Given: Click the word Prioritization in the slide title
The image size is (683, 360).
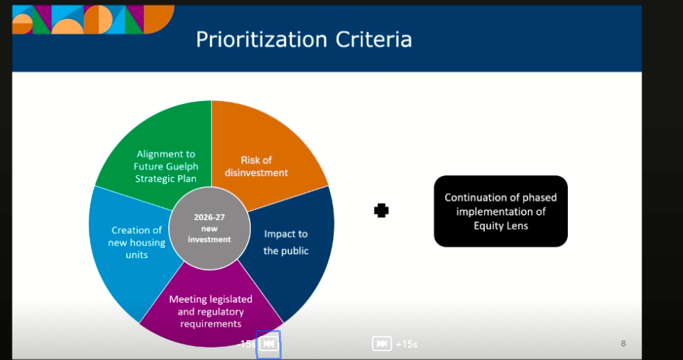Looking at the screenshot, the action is (x=261, y=40).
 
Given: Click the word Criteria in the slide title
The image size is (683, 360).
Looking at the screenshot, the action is (x=373, y=40).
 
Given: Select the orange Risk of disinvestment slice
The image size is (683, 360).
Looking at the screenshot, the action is (x=266, y=148).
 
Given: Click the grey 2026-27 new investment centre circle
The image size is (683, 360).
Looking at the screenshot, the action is (x=210, y=228).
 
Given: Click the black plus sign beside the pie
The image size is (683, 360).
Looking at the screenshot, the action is (x=381, y=210).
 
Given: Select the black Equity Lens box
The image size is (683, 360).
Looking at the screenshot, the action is (x=500, y=211).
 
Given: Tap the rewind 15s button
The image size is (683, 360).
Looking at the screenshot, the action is (x=269, y=344).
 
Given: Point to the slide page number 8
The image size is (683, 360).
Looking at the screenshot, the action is (x=624, y=343).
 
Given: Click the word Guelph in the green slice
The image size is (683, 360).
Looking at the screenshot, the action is (x=182, y=166).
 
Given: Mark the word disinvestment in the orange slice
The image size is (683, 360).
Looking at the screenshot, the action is (x=256, y=173).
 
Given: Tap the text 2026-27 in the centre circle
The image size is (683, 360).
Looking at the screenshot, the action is (x=210, y=217).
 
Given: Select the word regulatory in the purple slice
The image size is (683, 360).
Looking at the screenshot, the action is (x=221, y=312).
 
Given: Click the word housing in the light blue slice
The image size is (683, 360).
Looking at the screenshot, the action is (x=148, y=243).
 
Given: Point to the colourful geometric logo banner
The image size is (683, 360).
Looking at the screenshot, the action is (x=93, y=20).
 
